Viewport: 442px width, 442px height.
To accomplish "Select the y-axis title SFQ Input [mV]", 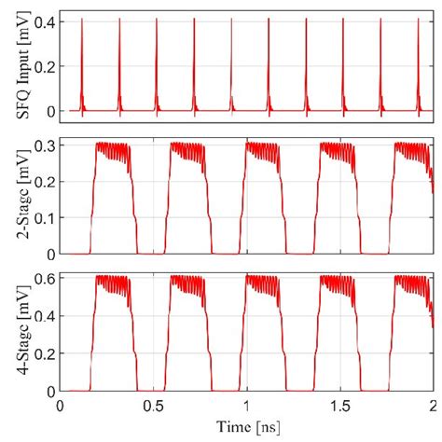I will click(12, 66).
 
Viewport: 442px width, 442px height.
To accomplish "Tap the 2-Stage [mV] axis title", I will click(12, 197).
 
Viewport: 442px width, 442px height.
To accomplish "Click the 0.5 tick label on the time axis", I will click(153, 406).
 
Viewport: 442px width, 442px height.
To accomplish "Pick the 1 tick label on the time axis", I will click(246, 406).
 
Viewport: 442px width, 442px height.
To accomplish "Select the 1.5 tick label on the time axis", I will click(339, 406).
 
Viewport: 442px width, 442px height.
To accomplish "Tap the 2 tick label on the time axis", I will click(432, 406).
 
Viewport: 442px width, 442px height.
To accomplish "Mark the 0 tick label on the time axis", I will click(61, 406).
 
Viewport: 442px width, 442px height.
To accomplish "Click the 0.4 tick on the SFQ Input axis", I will click(42, 20).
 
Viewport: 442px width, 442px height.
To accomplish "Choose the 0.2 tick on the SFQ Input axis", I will click(42, 65).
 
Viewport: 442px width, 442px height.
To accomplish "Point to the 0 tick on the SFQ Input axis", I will click(49, 111).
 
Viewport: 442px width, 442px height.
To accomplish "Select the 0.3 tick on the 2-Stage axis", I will click(42, 144).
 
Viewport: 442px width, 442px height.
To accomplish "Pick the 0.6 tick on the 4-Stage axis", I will click(42, 279).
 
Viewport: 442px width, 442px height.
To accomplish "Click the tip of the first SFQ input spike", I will click(82, 21).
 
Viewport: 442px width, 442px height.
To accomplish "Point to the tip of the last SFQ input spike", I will click(418, 21).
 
